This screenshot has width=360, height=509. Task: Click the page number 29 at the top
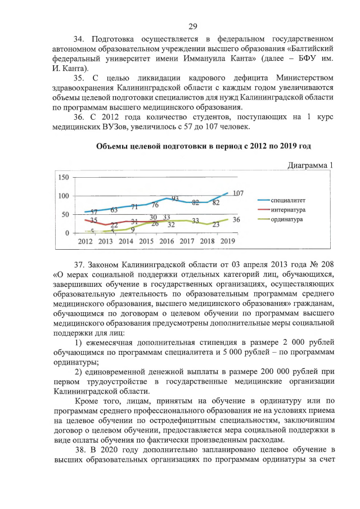click(x=192, y=26)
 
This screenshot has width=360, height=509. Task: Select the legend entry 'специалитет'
click(x=289, y=200)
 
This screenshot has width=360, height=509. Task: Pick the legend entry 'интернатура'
click(x=289, y=210)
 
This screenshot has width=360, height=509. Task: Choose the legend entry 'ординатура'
click(x=287, y=219)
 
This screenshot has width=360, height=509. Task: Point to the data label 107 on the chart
click(x=237, y=193)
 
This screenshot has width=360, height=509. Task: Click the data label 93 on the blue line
click(x=175, y=199)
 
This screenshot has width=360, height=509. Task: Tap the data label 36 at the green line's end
click(x=237, y=220)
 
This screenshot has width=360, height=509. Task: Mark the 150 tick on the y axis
click(x=63, y=177)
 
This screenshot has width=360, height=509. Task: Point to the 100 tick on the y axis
click(x=63, y=196)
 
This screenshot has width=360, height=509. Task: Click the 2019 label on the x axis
click(x=227, y=241)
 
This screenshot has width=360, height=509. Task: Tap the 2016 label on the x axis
click(x=166, y=241)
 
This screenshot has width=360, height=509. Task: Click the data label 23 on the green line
click(x=215, y=224)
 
